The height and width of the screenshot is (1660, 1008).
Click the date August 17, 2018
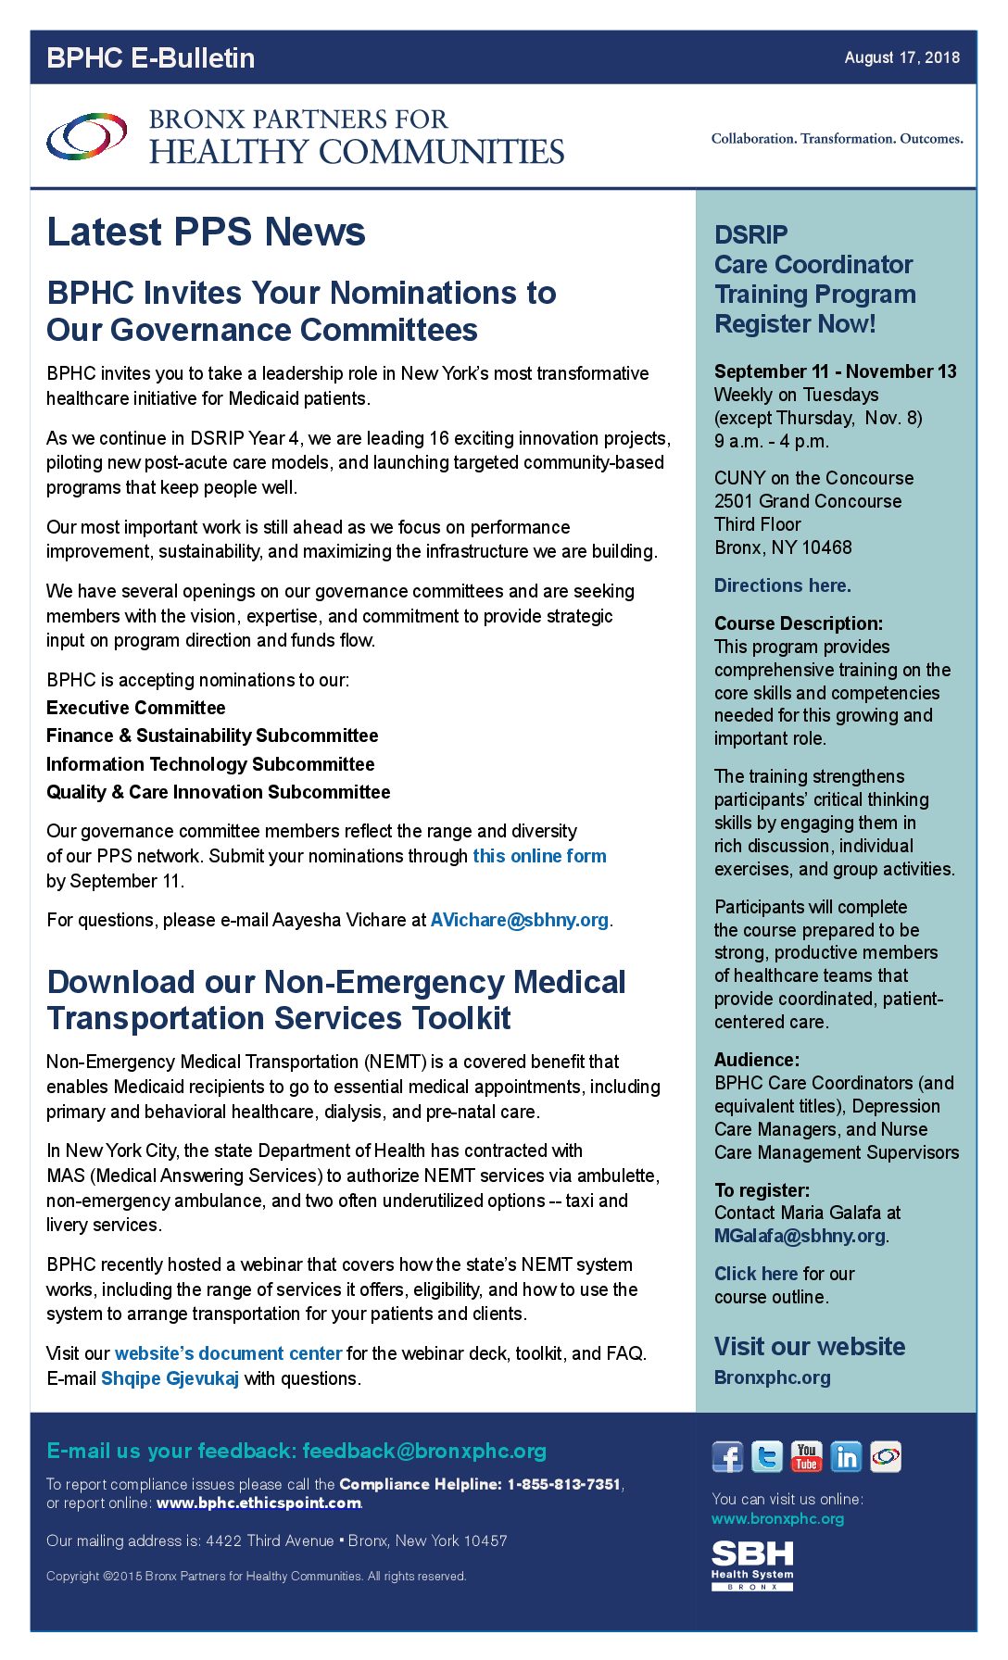pyautogui.click(x=901, y=57)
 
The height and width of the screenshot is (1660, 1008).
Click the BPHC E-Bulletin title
pyautogui.click(x=150, y=57)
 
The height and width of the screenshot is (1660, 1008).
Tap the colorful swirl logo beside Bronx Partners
pyautogui.click(x=87, y=137)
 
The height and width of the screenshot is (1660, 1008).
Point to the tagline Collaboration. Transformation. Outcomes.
pyautogui.click(x=837, y=139)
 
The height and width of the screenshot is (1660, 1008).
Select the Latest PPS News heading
pyautogui.click(x=206, y=232)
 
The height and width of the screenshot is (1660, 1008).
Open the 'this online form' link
pyautogui.click(x=539, y=856)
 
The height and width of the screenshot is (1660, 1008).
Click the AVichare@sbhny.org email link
pyautogui.click(x=519, y=920)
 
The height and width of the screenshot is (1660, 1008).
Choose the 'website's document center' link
pyautogui.click(x=228, y=1353)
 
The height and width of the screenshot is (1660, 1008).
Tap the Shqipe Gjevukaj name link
pyautogui.click(x=170, y=1378)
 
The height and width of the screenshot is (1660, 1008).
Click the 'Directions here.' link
pyautogui.click(x=782, y=585)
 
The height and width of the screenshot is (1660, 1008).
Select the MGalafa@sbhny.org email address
pyautogui.click(x=800, y=1236)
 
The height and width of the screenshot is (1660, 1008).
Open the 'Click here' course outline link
pyautogui.click(x=756, y=1274)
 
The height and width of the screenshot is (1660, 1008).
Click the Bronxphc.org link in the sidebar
pyautogui.click(x=772, y=1377)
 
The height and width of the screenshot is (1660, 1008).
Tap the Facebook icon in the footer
pyautogui.click(x=727, y=1457)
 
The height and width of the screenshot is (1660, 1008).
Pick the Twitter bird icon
pyautogui.click(x=766, y=1457)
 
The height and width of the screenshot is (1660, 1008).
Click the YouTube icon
pyautogui.click(x=806, y=1457)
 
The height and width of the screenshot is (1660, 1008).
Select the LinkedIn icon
pyautogui.click(x=845, y=1457)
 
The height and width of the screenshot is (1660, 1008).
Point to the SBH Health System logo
pyautogui.click(x=752, y=1565)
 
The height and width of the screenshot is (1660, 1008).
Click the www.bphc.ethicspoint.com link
pyautogui.click(x=258, y=1503)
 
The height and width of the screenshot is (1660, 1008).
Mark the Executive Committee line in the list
pyautogui.click(x=136, y=708)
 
